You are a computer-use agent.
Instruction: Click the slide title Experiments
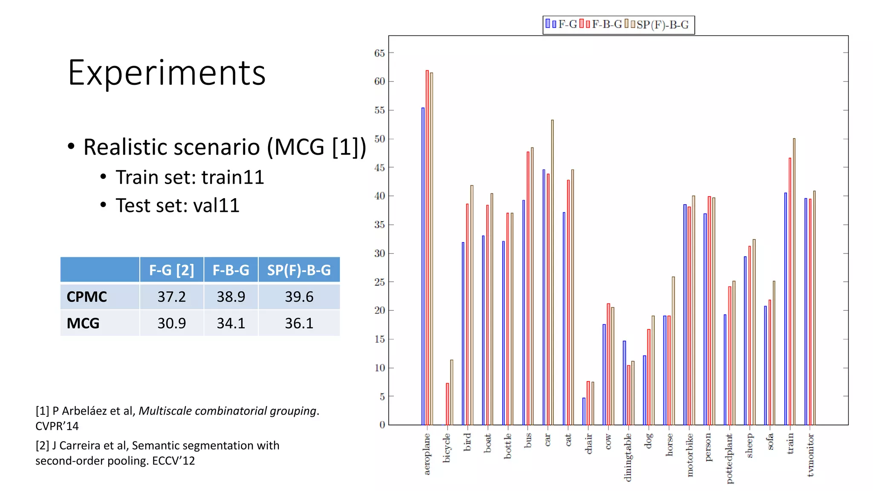(167, 73)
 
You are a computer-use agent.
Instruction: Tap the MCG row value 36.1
(299, 323)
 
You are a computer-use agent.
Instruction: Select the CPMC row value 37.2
(171, 297)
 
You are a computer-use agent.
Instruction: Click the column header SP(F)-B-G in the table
(299, 270)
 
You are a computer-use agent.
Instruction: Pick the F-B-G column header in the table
(231, 270)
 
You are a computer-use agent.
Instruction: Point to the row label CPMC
(87, 297)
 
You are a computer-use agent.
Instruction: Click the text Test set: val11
(177, 205)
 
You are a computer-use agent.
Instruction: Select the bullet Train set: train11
(190, 177)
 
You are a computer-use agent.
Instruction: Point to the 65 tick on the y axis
(379, 53)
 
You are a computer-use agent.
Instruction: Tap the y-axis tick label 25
(379, 282)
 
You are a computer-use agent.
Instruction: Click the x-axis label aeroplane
(427, 454)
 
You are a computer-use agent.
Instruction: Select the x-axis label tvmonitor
(810, 455)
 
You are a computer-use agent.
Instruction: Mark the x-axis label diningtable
(628, 457)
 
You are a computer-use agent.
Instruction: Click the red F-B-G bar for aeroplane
(427, 247)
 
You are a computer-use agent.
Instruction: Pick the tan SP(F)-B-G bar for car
(552, 273)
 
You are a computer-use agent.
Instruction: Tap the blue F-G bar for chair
(584, 411)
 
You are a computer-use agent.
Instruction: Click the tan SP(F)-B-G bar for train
(794, 281)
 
